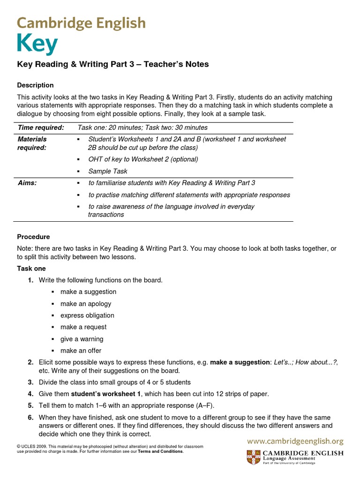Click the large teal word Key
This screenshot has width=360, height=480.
[37, 45]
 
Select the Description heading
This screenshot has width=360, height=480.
[35, 85]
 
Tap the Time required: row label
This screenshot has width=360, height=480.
[41, 127]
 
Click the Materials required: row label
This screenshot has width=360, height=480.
[32, 143]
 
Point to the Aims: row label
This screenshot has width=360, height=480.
[27, 183]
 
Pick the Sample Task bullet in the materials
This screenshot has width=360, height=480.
[107, 171]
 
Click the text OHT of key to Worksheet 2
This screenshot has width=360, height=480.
[143, 159]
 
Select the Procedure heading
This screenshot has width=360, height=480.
[33, 237]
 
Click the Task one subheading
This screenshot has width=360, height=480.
[31, 269]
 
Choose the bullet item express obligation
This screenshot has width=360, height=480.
[87, 315]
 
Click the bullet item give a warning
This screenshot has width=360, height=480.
[82, 339]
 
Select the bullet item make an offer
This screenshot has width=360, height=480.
[81, 351]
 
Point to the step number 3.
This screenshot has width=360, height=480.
[30, 382]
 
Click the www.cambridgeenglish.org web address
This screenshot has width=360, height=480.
[295, 441]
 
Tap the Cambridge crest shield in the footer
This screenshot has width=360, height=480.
[254, 457]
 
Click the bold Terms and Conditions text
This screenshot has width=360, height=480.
[160, 451]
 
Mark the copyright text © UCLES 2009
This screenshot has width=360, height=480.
[31, 447]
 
